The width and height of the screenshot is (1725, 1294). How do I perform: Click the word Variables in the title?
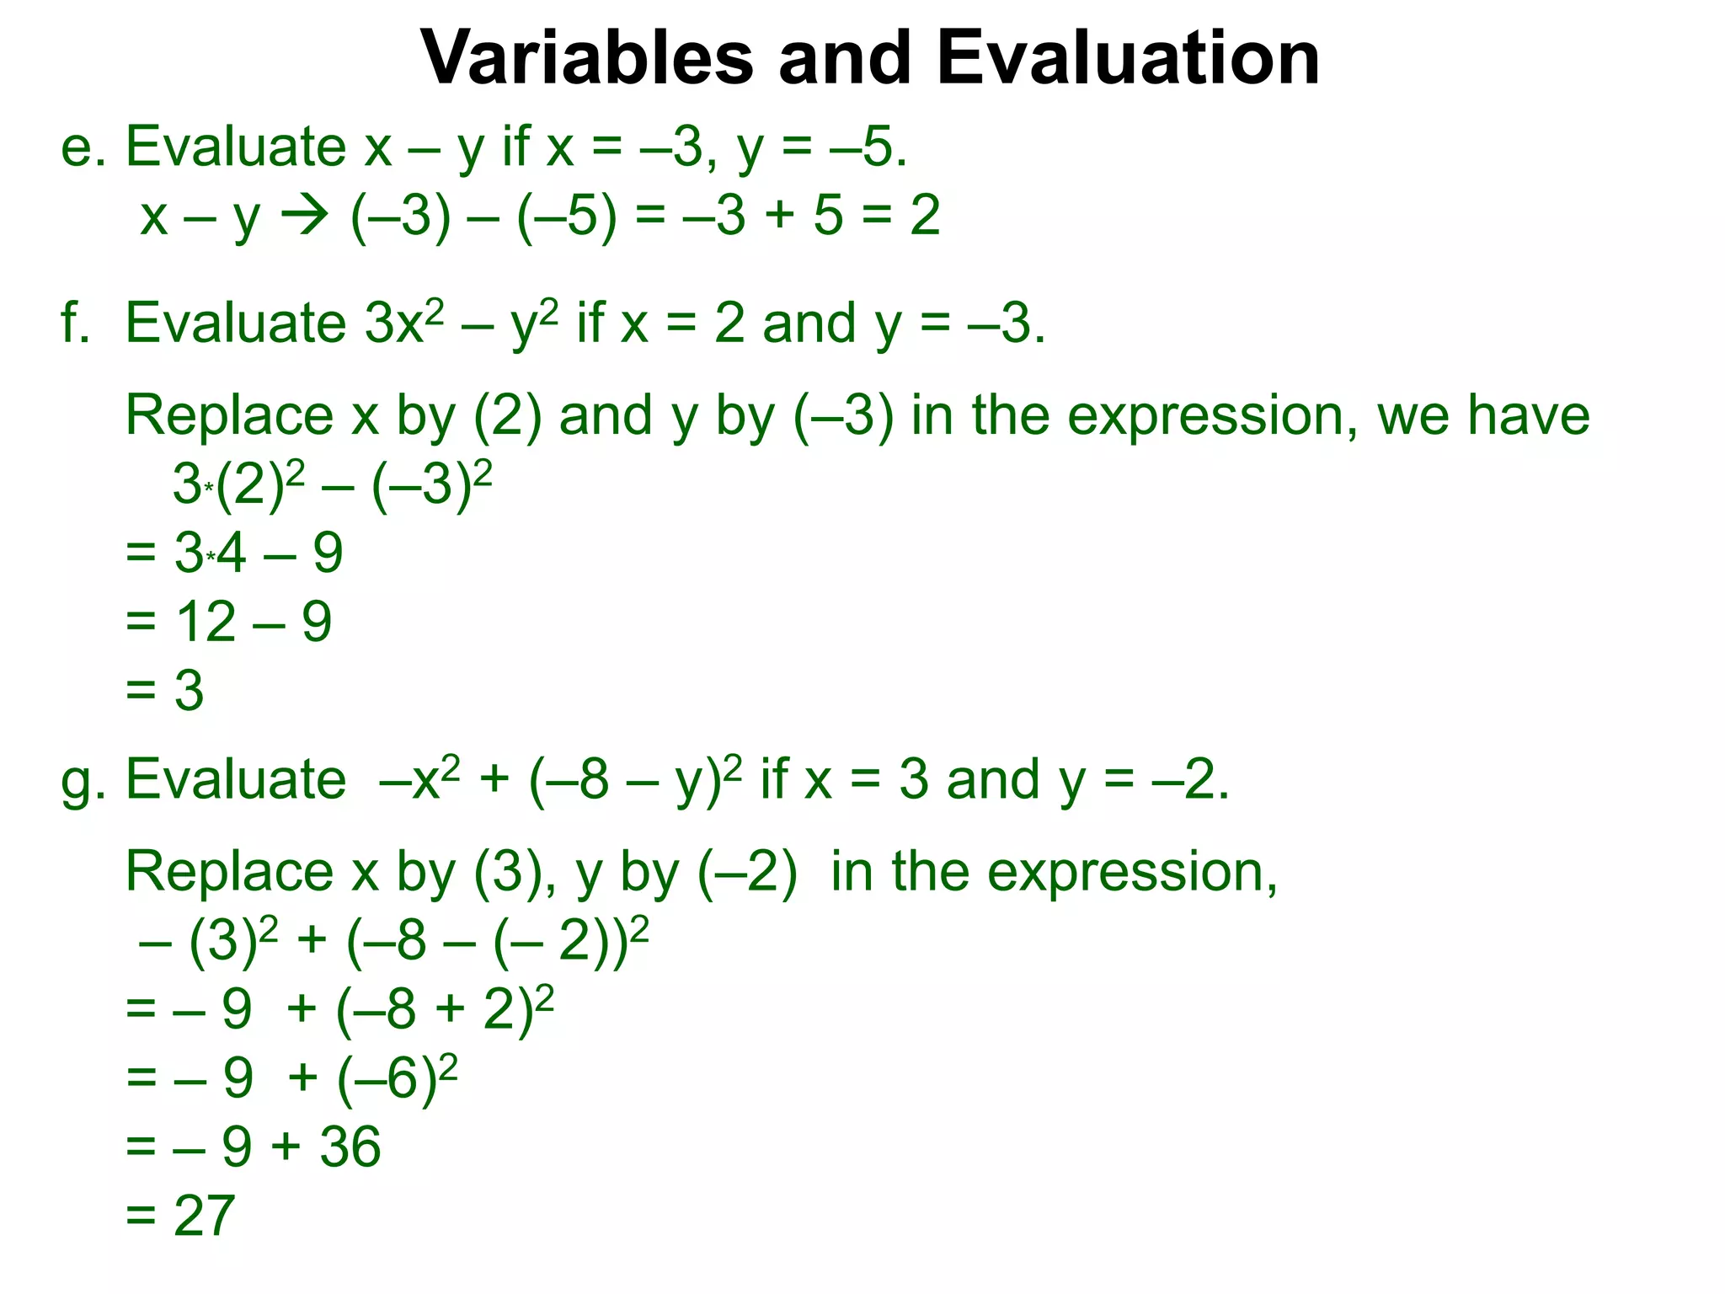587,59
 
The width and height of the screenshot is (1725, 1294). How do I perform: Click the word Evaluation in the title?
1128,59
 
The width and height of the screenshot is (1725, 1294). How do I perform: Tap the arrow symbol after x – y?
304,217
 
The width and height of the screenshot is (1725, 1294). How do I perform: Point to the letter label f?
75,323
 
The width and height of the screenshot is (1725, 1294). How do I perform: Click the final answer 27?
204,1216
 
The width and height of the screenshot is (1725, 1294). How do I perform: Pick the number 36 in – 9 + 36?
350,1147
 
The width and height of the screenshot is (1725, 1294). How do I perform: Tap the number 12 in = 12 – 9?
205,623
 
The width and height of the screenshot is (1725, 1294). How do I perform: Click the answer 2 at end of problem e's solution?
925,217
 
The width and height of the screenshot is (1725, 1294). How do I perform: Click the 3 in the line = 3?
189,691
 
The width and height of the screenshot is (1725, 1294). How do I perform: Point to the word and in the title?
845,59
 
